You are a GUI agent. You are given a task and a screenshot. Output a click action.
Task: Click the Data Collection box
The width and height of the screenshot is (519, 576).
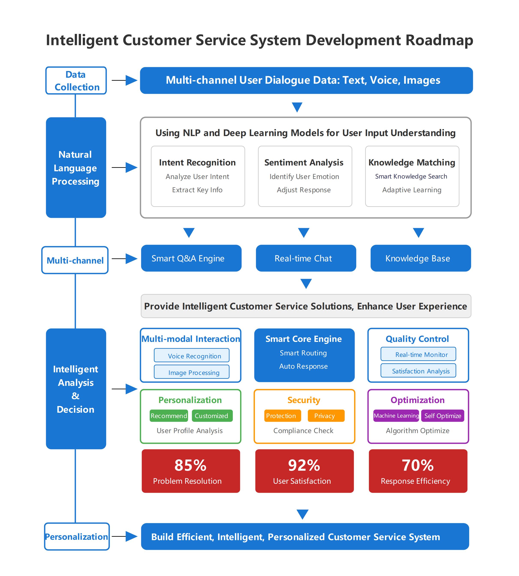[x=76, y=80]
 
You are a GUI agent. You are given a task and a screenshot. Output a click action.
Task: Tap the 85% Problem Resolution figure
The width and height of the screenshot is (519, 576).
[x=190, y=465]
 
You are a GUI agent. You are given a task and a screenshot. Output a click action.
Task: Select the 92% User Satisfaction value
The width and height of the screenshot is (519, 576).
[x=304, y=465]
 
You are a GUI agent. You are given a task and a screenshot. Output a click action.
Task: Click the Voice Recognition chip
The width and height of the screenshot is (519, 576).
[x=192, y=356]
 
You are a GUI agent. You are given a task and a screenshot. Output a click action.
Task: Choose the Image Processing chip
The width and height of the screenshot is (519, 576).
[x=192, y=372]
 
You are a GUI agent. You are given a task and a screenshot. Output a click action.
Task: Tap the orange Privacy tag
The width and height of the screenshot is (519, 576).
[x=326, y=416]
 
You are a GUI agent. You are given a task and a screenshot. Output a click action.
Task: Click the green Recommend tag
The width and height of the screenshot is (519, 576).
[x=169, y=416]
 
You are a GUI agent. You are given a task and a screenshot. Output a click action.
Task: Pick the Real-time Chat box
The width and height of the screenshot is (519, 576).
[x=306, y=258]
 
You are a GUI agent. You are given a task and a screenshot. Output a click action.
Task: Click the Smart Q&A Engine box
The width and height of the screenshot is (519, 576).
[x=191, y=258]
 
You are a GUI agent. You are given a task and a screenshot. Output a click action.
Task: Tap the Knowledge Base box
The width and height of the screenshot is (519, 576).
[x=420, y=258]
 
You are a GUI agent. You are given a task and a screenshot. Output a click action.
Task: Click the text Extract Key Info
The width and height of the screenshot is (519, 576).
[x=197, y=190]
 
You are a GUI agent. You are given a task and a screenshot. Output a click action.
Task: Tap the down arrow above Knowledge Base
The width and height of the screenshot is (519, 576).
[x=418, y=232]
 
